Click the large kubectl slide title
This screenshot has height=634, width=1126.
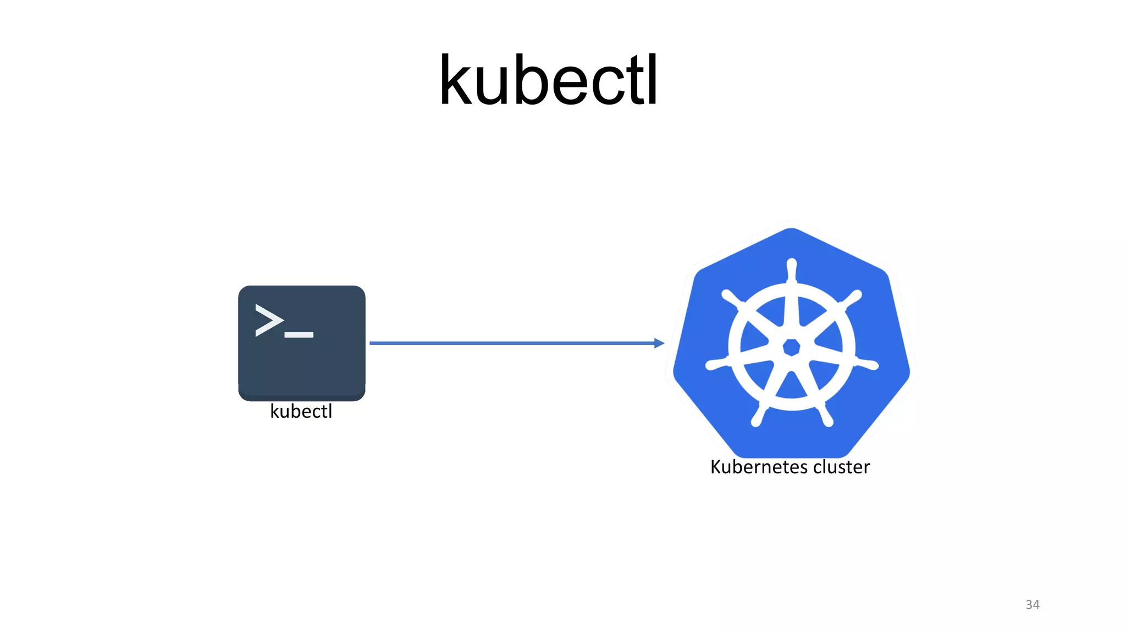coord(548,81)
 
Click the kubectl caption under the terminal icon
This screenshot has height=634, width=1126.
coord(301,411)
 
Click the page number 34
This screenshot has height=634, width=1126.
coord(1032,604)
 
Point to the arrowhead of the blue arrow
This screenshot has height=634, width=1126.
coord(659,343)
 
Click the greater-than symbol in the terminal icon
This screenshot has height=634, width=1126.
coord(269,320)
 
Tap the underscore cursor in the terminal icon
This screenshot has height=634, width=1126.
coord(299,335)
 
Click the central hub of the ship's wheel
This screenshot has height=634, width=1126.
coord(791,347)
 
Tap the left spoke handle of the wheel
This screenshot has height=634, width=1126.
coord(714,364)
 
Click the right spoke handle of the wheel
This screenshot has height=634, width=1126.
coord(869,364)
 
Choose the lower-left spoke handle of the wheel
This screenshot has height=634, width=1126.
coord(758,418)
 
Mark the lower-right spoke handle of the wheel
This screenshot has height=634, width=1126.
coord(826,418)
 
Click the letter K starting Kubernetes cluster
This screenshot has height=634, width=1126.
coord(716,467)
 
